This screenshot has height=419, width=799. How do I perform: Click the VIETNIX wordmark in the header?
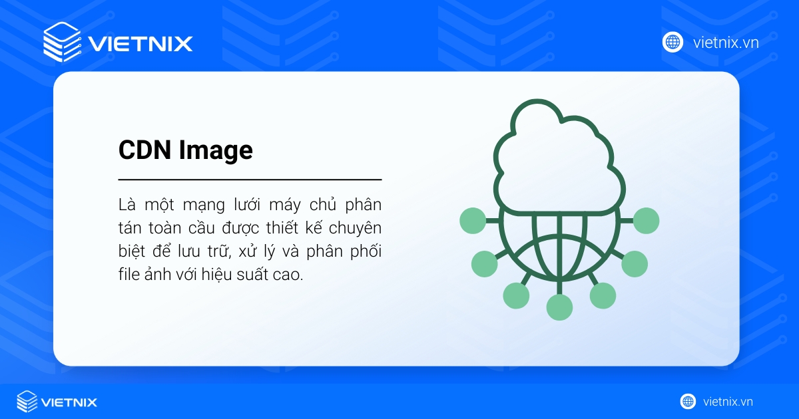[140, 44]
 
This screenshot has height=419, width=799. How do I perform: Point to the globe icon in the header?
[672, 42]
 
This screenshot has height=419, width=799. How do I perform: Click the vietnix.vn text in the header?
[726, 43]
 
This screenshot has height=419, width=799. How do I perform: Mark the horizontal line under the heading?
[250, 180]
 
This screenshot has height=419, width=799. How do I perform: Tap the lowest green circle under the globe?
[559, 307]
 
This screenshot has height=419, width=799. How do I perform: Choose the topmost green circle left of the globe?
[473, 220]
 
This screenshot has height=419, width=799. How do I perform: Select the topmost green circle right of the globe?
[646, 220]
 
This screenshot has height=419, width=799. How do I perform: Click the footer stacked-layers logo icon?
[27, 402]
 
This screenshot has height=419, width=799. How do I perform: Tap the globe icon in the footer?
[688, 402]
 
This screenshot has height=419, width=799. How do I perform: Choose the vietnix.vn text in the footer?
[728, 402]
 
